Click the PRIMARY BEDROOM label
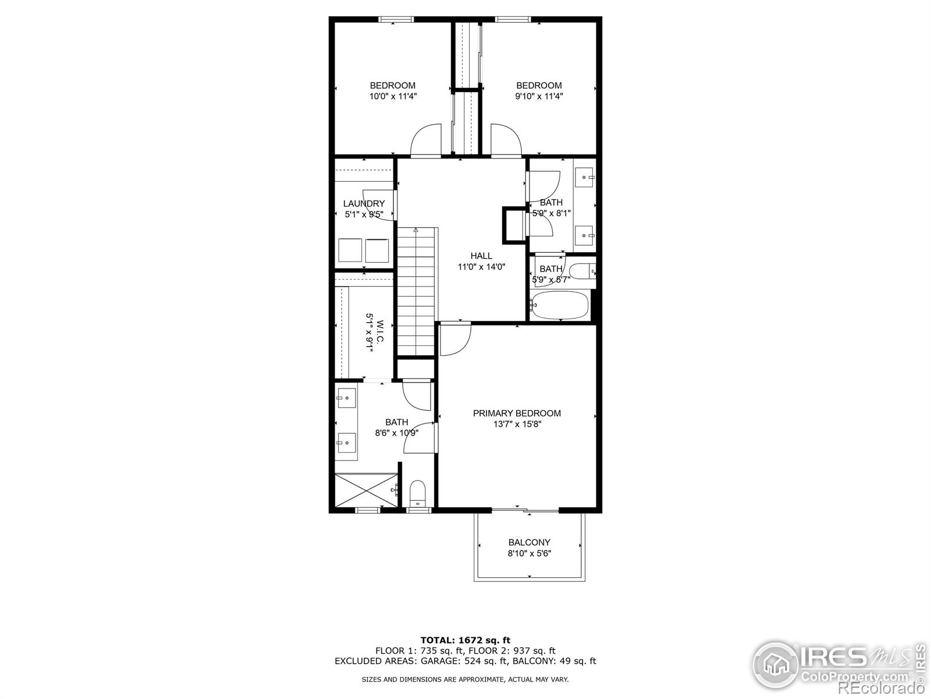click(x=517, y=413)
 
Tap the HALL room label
click(x=481, y=256)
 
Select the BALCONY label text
click(x=529, y=542)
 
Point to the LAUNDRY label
click(x=364, y=203)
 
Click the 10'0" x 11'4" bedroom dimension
click(x=393, y=97)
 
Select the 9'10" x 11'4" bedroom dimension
click(x=539, y=97)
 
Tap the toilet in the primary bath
click(x=418, y=493)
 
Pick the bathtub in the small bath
click(x=560, y=305)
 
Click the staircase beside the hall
click(x=416, y=291)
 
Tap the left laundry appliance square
click(x=350, y=250)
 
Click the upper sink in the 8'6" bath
click(x=346, y=398)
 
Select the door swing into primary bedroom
click(x=454, y=338)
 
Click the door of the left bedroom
click(x=426, y=142)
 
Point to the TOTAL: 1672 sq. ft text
click(x=465, y=640)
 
